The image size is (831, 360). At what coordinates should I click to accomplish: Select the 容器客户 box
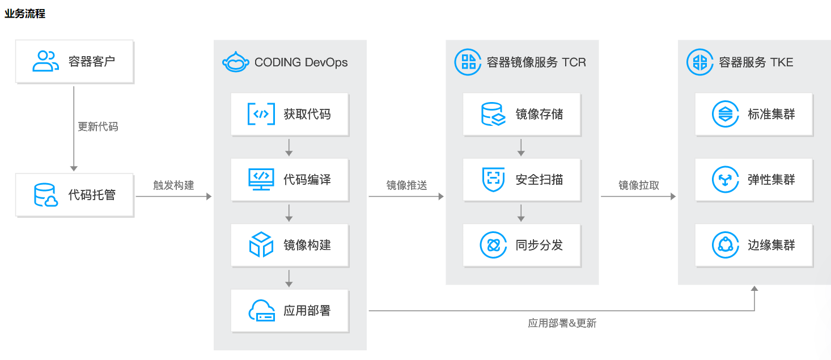pos(75,61)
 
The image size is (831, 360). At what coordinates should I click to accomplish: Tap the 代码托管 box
pos(75,195)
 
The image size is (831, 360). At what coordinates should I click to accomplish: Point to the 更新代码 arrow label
pos(97,127)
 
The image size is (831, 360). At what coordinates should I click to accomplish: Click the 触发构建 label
pos(173,185)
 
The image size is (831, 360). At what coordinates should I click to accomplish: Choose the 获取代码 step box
pos(290,114)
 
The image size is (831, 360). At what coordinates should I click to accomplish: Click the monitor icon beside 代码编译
pos(261,179)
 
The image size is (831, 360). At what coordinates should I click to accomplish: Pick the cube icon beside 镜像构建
pos(261,245)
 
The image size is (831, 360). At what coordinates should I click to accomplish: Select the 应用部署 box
pos(290,311)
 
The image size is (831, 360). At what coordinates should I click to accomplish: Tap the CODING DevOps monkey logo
pos(236,62)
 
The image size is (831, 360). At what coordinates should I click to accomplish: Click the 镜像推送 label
pos(406,185)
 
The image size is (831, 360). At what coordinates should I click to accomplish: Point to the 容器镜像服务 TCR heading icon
pos(468,62)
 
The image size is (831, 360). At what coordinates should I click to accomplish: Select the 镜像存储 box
pos(522,114)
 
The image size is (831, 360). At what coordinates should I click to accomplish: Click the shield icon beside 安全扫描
pos(493,179)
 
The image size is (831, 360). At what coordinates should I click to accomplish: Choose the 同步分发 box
pos(522,245)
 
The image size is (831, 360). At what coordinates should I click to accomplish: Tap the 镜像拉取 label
pos(638,185)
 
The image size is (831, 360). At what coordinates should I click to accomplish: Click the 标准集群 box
pos(754,114)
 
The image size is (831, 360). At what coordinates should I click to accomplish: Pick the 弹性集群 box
pos(754,180)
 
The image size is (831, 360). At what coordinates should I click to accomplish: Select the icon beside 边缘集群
pos(726,245)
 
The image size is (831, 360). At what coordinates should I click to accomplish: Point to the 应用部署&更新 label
pos(562,324)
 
